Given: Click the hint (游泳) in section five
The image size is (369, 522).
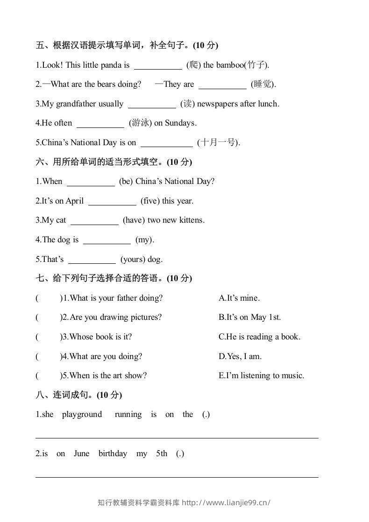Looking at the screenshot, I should (139, 123).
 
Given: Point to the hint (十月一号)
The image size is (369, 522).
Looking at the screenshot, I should (218, 142).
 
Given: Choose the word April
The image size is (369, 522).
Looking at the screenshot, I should (75, 201).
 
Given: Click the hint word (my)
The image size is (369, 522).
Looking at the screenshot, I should (144, 240).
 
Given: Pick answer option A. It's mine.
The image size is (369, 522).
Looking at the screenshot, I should (239, 298).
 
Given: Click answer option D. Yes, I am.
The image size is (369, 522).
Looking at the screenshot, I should (240, 356).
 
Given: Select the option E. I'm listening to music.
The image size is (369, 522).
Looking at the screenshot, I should (261, 375).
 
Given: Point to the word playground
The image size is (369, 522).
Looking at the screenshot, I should (82, 414).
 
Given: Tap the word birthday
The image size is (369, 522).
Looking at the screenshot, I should (113, 453).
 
